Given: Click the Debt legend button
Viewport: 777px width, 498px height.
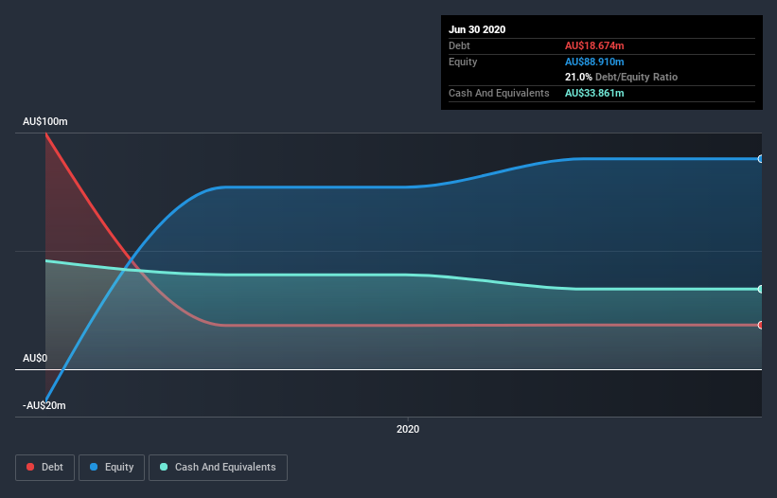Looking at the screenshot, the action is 45,468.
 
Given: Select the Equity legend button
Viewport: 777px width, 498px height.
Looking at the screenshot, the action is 112,468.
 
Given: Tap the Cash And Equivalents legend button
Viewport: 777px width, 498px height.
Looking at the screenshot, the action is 218,468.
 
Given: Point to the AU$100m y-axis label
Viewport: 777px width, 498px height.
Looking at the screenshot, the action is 45,121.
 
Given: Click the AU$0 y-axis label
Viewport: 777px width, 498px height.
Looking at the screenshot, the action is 35,358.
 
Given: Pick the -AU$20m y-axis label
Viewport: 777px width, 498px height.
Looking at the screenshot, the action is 44,405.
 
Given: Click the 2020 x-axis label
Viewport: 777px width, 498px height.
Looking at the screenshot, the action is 408,429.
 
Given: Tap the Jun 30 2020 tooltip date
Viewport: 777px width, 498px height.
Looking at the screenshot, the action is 477,29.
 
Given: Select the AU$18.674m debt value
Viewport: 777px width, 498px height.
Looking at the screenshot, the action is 594,45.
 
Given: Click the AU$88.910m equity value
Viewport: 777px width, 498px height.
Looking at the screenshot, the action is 594,62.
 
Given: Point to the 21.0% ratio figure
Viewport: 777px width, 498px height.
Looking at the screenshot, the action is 578,77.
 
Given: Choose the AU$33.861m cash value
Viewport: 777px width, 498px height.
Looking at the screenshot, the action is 594,93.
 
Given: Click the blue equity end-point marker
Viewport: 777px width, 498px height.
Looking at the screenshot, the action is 760,159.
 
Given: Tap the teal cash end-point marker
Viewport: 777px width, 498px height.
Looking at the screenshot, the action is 760,289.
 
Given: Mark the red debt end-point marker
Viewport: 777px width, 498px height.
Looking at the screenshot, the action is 760,325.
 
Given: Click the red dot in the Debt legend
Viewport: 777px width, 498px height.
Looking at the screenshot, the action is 30,467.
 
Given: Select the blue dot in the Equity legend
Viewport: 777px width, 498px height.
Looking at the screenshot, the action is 94,467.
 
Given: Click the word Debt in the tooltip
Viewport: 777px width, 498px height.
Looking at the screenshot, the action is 459,45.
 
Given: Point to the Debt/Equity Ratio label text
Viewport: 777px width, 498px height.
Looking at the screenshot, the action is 636,77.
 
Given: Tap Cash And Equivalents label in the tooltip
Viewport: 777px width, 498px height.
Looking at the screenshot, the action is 499,93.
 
